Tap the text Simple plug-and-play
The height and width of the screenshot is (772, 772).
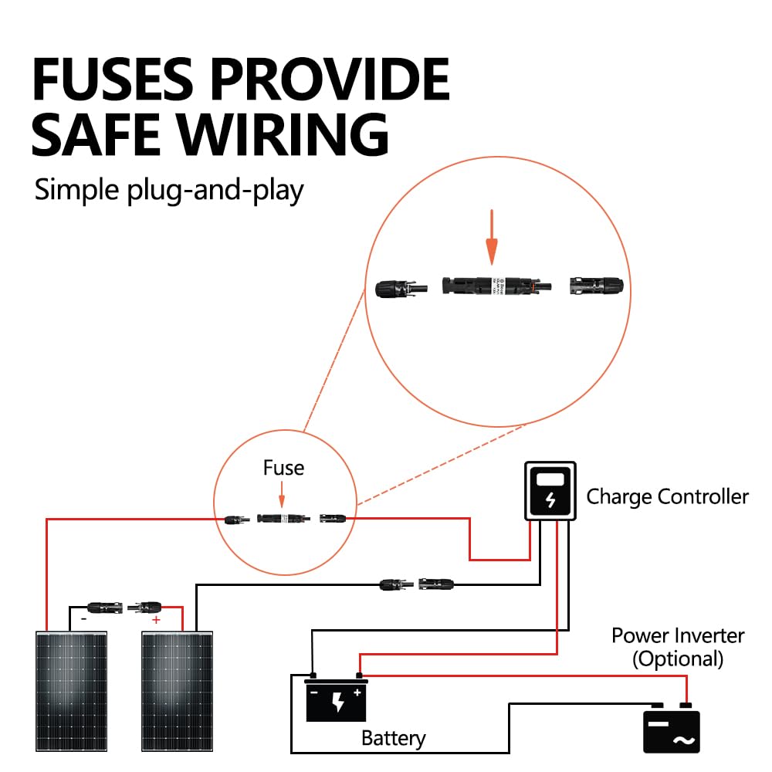169,189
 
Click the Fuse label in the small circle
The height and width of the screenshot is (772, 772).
283,468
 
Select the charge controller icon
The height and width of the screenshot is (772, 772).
550,492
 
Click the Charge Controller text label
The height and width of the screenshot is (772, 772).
667,496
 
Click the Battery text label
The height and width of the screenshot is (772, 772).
393,738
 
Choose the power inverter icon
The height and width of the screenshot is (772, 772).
672,730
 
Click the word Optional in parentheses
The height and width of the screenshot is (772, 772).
678,659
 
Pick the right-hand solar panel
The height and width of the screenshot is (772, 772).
178,691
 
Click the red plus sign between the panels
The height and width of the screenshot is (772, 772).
156,620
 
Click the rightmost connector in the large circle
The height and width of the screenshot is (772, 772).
594,287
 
